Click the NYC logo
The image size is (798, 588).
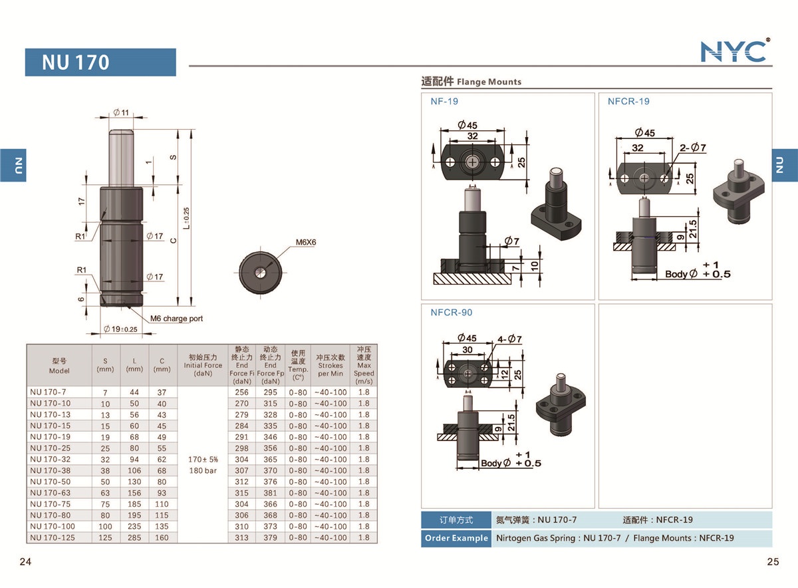coord(735,51)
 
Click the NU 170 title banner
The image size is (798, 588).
coord(100,63)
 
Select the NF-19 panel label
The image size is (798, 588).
coord(444,102)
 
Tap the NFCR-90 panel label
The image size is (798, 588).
coord(452,313)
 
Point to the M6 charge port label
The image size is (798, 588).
coord(176,319)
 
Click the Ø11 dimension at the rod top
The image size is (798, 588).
coord(121,112)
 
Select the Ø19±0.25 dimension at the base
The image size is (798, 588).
coord(120,329)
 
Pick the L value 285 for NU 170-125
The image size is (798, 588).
coord(134,537)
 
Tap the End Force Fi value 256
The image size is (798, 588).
coord(241,392)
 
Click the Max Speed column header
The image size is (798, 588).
coord(363,365)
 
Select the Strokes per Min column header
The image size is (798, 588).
coord(331,365)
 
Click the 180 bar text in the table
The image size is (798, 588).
coord(203,470)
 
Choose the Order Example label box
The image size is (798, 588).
coord(456,538)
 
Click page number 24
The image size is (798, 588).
coord(25,562)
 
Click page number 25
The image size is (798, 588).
coord(773,562)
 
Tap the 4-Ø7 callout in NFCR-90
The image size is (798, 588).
coord(509,339)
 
